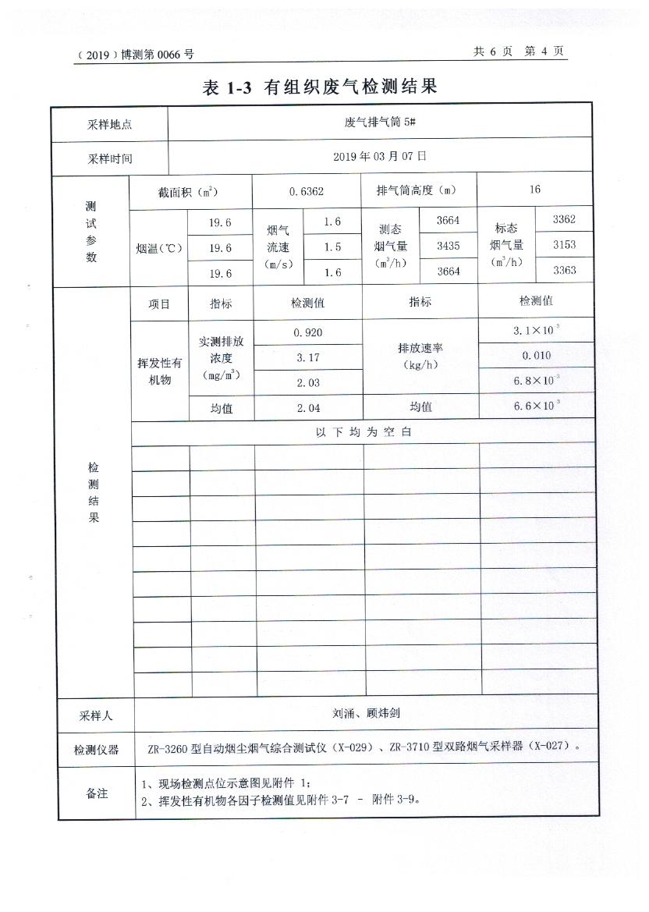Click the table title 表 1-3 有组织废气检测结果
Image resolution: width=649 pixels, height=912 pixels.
tap(320, 87)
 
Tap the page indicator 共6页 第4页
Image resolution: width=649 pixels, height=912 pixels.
tap(518, 51)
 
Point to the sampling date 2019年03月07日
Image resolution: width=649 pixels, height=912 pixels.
tap(380, 156)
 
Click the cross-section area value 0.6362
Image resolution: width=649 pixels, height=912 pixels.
tap(306, 190)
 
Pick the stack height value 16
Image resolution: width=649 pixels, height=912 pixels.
tap(534, 190)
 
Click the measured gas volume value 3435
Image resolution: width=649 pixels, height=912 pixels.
tap(448, 246)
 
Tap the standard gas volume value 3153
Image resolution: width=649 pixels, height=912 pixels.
tap(563, 244)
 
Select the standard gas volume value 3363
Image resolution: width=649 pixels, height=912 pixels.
tap(563, 270)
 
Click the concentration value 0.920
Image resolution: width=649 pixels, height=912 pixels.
tap(308, 332)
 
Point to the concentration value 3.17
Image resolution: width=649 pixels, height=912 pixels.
tap(308, 357)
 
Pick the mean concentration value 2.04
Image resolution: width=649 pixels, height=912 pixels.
tap(308, 407)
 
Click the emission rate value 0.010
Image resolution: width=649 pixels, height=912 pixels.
tap(537, 356)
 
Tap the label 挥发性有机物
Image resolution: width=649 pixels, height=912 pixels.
tap(159, 371)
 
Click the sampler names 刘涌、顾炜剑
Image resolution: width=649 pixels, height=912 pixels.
tap(366, 713)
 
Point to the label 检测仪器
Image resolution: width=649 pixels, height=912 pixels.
tap(96, 750)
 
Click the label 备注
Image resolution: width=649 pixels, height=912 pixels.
tap(96, 793)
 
